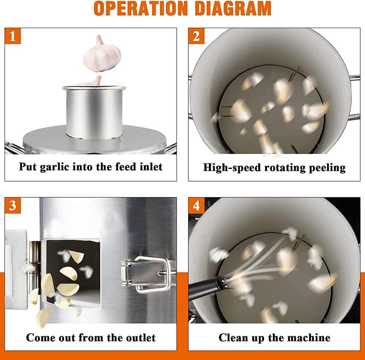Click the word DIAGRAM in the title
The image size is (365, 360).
tap(233, 8)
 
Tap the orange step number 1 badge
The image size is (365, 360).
tap(13, 36)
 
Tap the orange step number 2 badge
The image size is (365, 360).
tap(196, 36)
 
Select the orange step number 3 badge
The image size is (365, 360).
tap(13, 206)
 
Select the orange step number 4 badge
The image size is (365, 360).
tap(196, 206)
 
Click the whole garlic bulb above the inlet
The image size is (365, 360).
tap(102, 54)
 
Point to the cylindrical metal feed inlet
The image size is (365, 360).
tap(94, 112)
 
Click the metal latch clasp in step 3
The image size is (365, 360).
tap(148, 274)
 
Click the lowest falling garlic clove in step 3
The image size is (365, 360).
tap(43, 318)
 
